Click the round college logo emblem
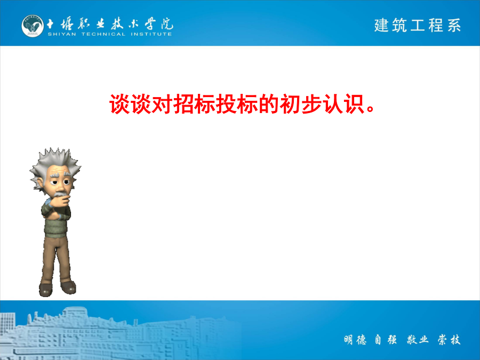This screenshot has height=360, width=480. point(33,26)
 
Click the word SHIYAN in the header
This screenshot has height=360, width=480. point(62,34)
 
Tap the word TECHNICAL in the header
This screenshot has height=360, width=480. point(103,34)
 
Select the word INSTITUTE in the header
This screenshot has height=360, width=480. point(151,34)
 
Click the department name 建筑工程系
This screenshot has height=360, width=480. point(418,25)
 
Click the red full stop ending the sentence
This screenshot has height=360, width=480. point(371,109)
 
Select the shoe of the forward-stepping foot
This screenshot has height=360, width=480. point(46,290)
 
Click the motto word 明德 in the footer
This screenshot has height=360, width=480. point(355,340)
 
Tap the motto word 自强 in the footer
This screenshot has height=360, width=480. point(386,340)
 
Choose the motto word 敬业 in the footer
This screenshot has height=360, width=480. point(418,340)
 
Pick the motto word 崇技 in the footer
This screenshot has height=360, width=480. point(449,340)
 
